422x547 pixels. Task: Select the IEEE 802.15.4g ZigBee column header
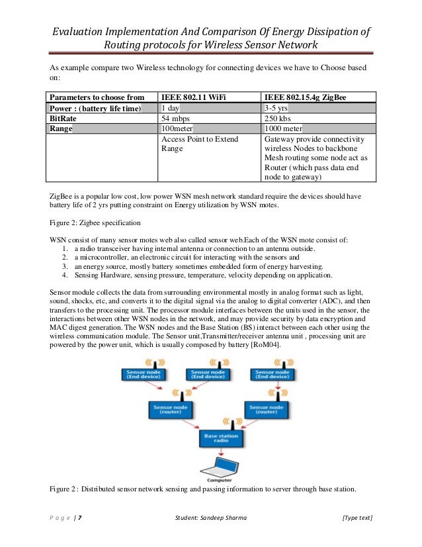click(x=300, y=97)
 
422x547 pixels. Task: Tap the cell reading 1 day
click(x=173, y=108)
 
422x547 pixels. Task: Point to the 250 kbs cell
click(x=278, y=119)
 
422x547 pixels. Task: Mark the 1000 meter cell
click(x=284, y=129)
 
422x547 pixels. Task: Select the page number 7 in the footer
click(x=80, y=517)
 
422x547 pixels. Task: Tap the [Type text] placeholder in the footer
click(x=357, y=517)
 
